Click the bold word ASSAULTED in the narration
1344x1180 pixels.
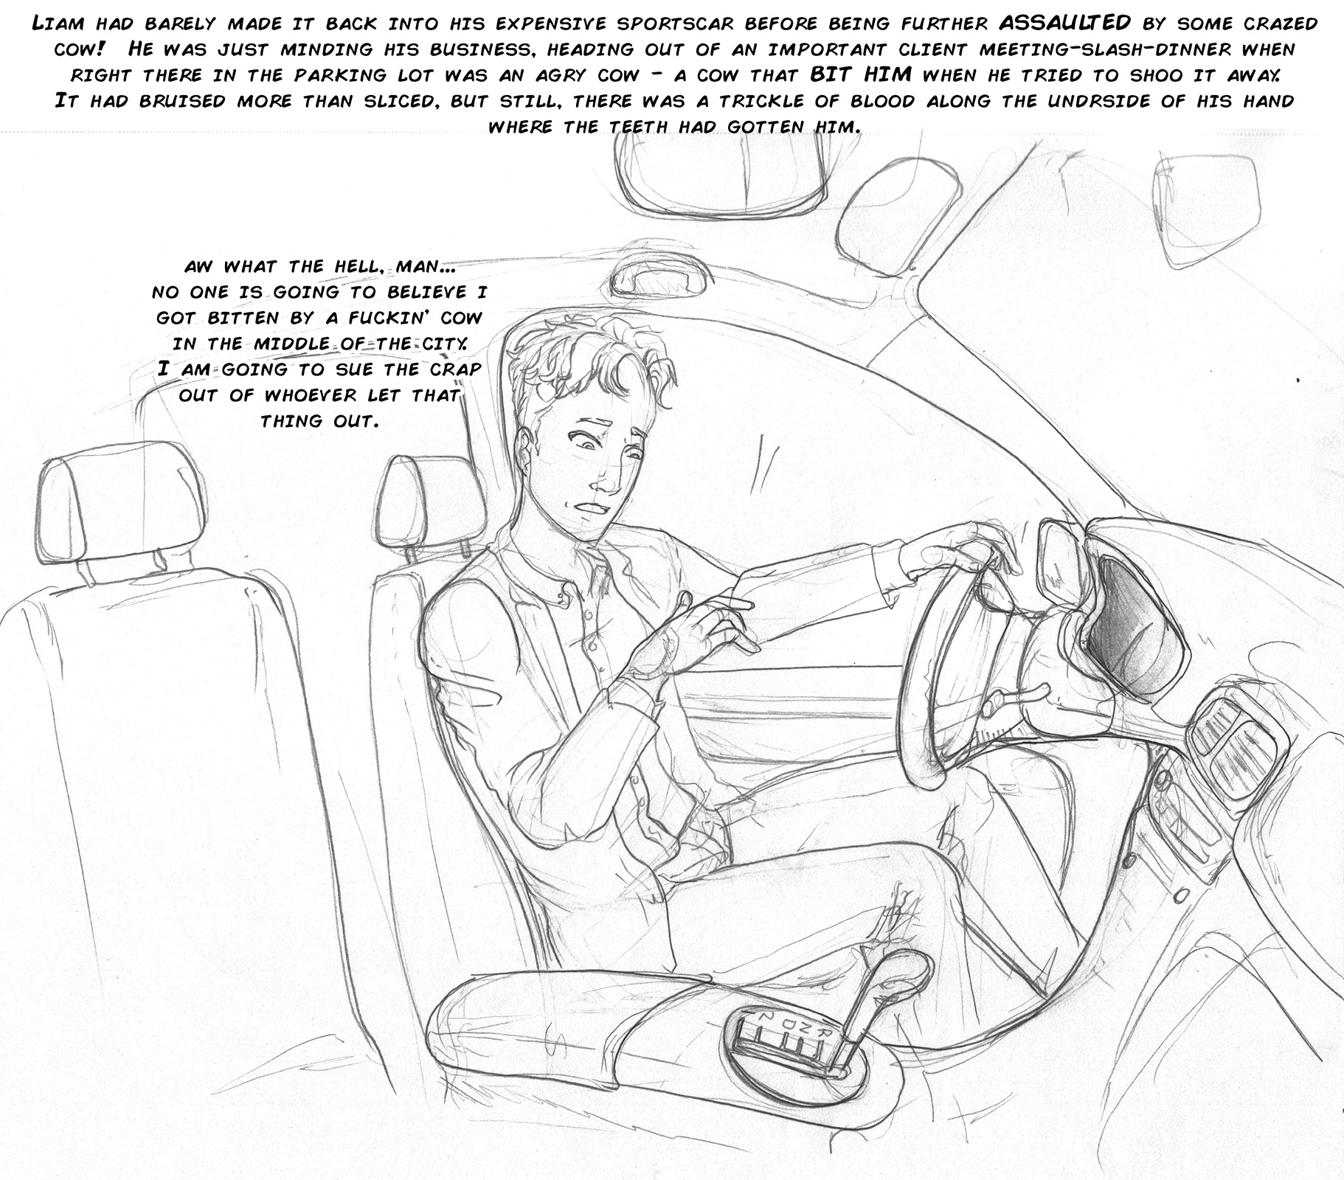point(1064,23)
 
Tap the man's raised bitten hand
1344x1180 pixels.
point(690,628)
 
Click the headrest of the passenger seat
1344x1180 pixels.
point(118,502)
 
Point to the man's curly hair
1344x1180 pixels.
point(583,369)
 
